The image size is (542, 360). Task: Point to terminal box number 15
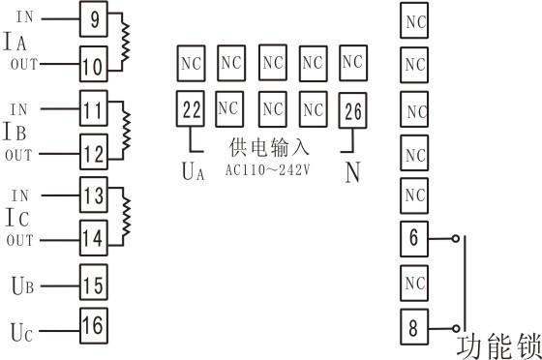tap(93, 285)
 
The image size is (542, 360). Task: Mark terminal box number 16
tap(93, 325)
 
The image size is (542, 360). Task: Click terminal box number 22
tap(192, 108)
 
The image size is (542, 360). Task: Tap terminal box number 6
tap(414, 237)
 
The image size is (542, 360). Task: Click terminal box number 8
tap(414, 327)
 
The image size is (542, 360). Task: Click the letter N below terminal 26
tap(353, 170)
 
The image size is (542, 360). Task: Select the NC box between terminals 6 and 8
tap(414, 283)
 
